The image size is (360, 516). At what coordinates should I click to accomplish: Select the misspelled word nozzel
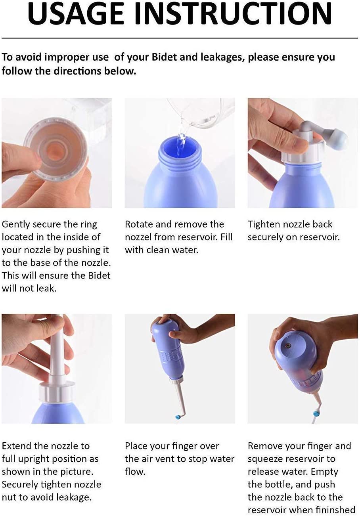coord(138,237)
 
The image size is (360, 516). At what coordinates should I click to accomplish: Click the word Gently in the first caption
coord(15,225)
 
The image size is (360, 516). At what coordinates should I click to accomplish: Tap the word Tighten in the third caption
coord(263,225)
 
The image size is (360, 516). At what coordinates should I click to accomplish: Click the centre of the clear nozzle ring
coord(56,151)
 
